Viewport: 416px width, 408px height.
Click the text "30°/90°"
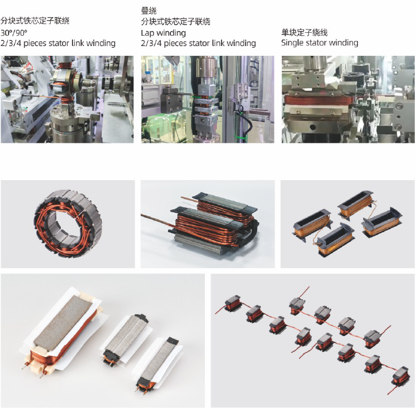pyautogui.click(x=14, y=33)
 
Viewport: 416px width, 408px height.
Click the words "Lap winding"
pyautogui.click(x=163, y=33)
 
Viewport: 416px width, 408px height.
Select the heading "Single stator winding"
pyautogui.click(x=319, y=43)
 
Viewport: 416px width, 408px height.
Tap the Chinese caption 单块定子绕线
pyautogui.click(x=304, y=32)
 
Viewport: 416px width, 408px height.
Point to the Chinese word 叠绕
pyautogui.click(x=148, y=11)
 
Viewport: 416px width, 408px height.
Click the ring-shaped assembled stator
pyautogui.click(x=68, y=223)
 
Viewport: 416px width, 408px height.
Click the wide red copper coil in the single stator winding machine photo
pyautogui.click(x=318, y=101)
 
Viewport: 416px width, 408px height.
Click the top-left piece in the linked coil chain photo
pyautogui.click(x=233, y=303)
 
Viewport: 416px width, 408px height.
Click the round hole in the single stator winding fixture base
pyautogui.click(x=313, y=128)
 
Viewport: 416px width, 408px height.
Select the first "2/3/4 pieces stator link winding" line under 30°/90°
pyautogui.click(x=58, y=43)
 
